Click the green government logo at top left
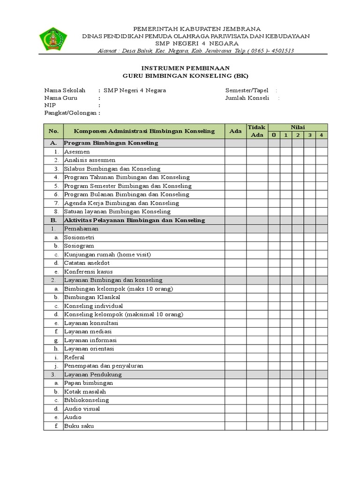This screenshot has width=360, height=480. point(52,39)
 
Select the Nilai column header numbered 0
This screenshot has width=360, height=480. point(274,135)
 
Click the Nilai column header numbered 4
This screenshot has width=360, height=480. point(321,135)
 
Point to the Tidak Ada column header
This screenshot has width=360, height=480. point(256,131)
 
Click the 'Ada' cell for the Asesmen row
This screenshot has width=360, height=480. point(235,152)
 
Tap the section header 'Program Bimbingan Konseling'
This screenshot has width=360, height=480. point(111,143)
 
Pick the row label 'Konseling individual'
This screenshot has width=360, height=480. point(93,306)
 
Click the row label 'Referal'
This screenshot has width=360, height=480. point(74,357)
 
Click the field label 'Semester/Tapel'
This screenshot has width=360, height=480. point(247,90)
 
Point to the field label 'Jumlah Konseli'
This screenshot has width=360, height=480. point(247,98)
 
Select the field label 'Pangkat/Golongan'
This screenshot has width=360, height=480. point(70,113)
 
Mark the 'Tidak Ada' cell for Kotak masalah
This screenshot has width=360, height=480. point(256,391)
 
